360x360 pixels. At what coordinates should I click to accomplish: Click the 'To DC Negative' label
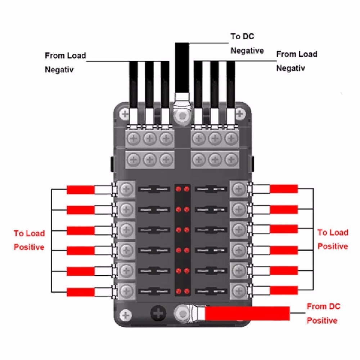coord(247,44)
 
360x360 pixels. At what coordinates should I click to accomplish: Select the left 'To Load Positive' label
coord(29,240)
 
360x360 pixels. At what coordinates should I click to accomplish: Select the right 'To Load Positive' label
coord(333,239)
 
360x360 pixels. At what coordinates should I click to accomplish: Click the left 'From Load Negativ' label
coord(65,63)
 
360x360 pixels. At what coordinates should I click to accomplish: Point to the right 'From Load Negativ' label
coord(297,61)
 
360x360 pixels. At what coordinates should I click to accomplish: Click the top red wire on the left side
coord(81,189)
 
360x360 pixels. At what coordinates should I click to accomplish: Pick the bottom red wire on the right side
coord(284,290)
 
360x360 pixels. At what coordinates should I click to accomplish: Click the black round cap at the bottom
coord(157,314)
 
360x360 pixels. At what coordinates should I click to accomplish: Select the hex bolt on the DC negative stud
coord(180,116)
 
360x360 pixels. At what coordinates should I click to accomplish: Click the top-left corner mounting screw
coord(125,114)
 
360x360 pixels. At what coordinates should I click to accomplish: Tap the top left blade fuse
coord(154,189)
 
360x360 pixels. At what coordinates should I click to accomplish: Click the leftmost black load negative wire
coord(133,85)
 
